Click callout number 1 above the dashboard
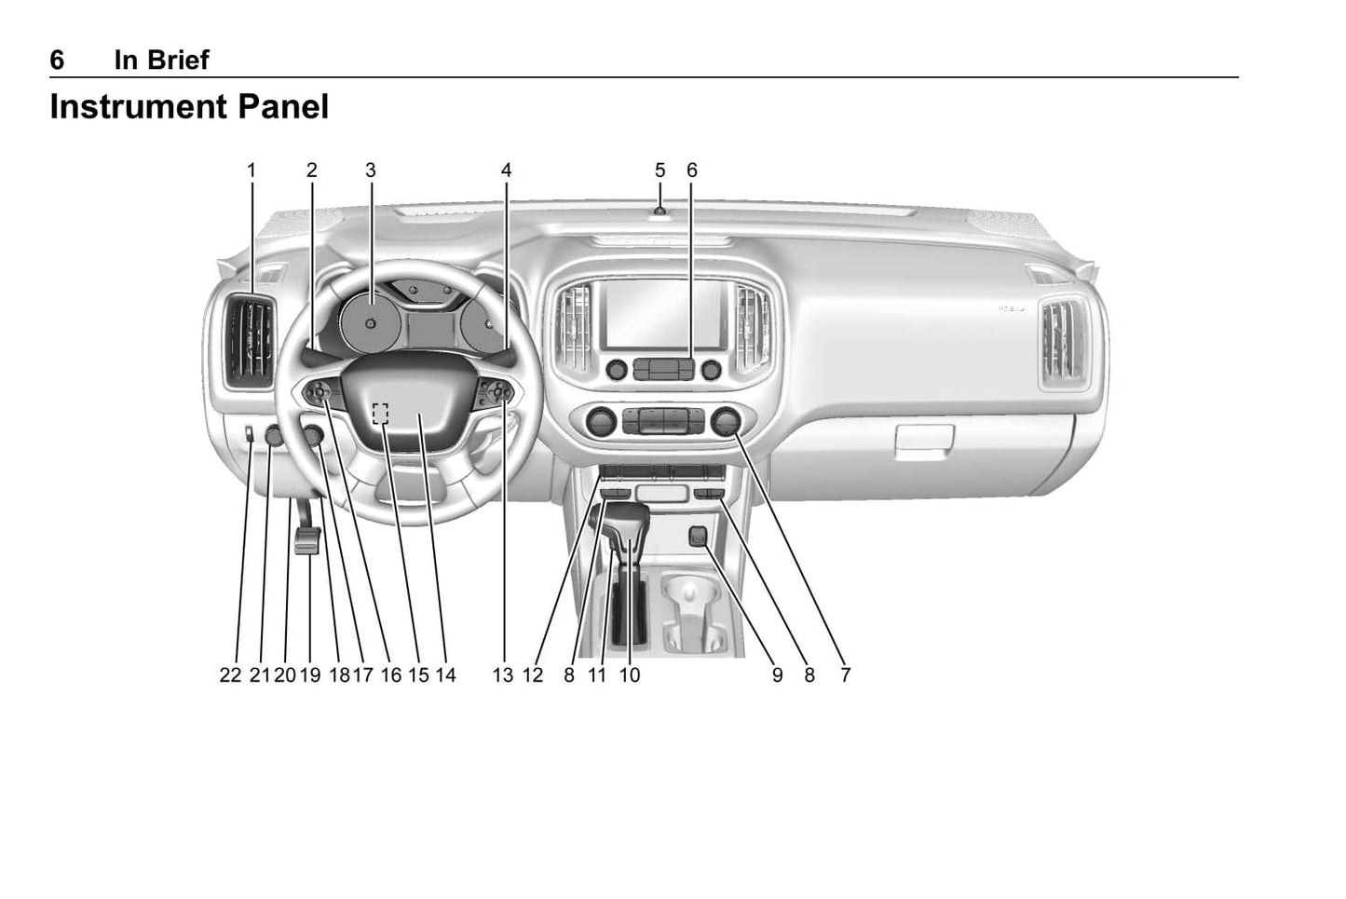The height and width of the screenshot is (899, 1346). pos(252,170)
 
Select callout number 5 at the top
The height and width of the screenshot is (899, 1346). pos(659,170)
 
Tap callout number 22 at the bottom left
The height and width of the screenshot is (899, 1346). pos(230,675)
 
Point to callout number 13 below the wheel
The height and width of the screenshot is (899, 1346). pos(503,675)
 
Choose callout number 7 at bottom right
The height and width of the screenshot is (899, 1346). pos(846,675)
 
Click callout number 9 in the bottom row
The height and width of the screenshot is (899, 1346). pos(778,675)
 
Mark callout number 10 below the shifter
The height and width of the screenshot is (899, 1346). pos(629,675)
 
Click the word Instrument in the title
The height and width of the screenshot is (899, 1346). pos(139,107)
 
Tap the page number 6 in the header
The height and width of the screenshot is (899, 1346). pos(57,60)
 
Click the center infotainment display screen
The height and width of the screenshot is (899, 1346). pos(663,314)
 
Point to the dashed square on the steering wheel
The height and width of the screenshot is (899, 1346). pos(380,414)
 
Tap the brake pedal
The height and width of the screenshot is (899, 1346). pos(307,540)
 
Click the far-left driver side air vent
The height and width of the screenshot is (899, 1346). pos(250,341)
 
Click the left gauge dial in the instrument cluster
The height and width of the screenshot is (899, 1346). pos(370,323)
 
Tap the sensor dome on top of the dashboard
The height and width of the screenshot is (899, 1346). pos(659,211)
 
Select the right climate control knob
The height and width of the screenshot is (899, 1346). pos(726,421)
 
